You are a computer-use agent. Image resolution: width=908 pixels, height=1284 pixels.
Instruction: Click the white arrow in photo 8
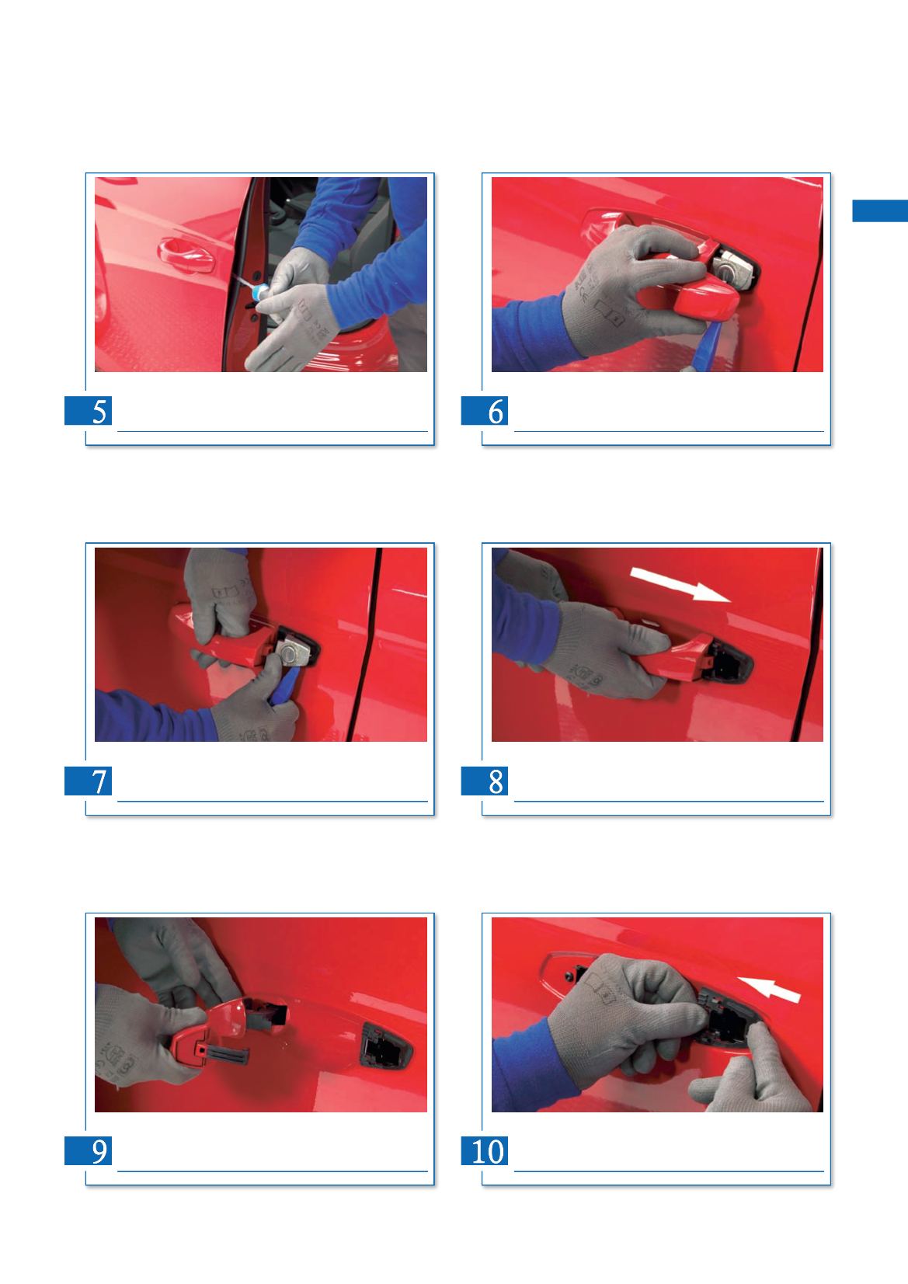[x=680, y=585]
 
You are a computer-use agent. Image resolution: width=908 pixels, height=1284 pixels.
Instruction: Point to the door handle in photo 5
[x=186, y=255]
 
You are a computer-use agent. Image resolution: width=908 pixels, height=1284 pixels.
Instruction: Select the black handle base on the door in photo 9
[x=386, y=1048]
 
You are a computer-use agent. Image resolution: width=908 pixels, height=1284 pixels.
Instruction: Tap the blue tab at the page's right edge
[x=880, y=211]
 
